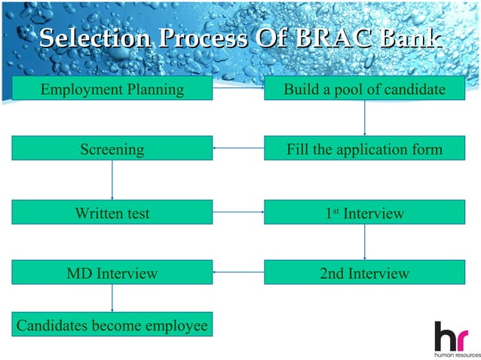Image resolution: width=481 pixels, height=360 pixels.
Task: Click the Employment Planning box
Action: [x=112, y=89]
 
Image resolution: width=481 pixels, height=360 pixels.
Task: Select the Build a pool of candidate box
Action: [x=364, y=89]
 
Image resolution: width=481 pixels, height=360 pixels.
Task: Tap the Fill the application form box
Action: [x=364, y=149]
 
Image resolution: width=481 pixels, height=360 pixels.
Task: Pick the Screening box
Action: [x=112, y=149]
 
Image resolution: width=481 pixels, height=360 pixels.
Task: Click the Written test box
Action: [x=112, y=213]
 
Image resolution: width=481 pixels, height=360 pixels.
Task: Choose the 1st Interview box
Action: [x=364, y=213]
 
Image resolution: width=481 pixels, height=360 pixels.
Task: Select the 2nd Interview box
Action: [x=364, y=272]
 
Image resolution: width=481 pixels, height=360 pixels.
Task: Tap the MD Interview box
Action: [x=112, y=272]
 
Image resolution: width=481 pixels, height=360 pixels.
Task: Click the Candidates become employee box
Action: [x=112, y=325]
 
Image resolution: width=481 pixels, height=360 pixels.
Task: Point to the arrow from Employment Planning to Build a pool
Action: [x=238, y=89]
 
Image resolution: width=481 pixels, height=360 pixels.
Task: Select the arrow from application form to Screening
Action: [x=238, y=149]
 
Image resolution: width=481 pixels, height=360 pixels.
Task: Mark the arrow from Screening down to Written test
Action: [x=112, y=181]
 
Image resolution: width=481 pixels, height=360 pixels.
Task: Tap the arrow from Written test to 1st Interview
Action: [x=238, y=213]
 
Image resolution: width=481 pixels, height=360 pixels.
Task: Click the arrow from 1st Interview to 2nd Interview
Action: [x=365, y=243]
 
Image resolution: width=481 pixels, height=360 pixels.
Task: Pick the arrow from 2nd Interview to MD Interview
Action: [x=238, y=272]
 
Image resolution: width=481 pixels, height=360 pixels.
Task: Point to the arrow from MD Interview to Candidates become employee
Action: [x=112, y=298]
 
